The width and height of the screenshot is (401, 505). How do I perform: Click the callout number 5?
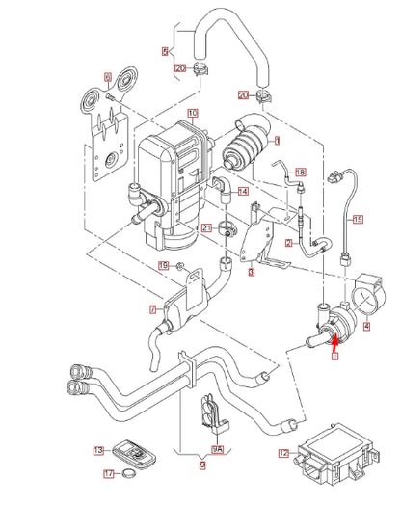[165, 51]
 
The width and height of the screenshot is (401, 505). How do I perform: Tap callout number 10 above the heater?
[193, 113]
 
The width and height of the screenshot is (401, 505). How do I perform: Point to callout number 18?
[300, 171]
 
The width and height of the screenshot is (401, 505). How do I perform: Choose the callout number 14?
[243, 192]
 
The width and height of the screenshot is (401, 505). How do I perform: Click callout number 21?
[205, 227]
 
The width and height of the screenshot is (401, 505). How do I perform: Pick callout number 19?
[164, 264]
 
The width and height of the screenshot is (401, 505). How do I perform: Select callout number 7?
[151, 309]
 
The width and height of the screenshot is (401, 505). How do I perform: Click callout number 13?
[98, 450]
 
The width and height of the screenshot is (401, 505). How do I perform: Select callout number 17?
[109, 473]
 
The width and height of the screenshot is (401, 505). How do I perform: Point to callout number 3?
[250, 273]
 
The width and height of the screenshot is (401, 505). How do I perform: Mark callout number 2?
[288, 243]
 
